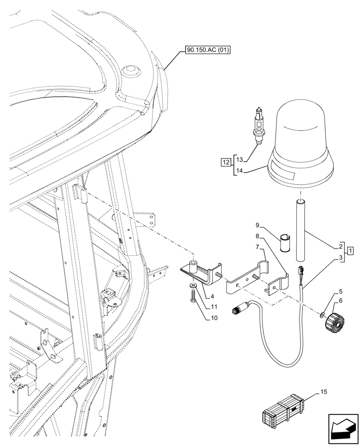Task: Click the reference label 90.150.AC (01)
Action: click(x=205, y=51)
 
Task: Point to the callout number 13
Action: click(x=239, y=159)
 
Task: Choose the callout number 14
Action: click(x=239, y=170)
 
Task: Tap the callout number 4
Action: click(x=213, y=296)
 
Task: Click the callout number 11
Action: click(x=214, y=307)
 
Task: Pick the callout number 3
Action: click(x=341, y=257)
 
